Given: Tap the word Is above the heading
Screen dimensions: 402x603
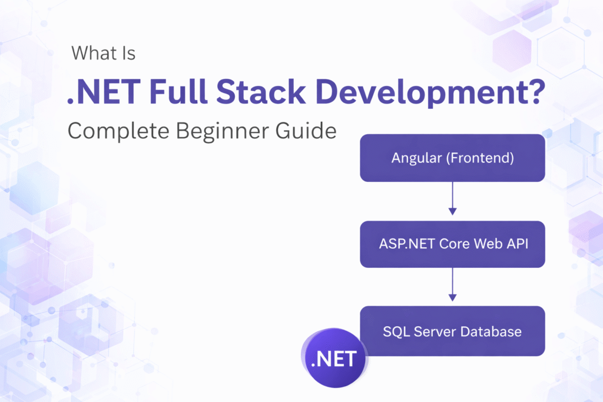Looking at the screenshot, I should click(128, 54).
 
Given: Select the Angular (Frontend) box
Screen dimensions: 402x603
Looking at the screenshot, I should click(452, 158).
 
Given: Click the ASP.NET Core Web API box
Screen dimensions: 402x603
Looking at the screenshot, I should click(452, 244).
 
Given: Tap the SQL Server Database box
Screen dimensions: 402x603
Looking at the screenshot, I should click(452, 331).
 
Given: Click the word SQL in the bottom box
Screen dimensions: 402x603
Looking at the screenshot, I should click(395, 331).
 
